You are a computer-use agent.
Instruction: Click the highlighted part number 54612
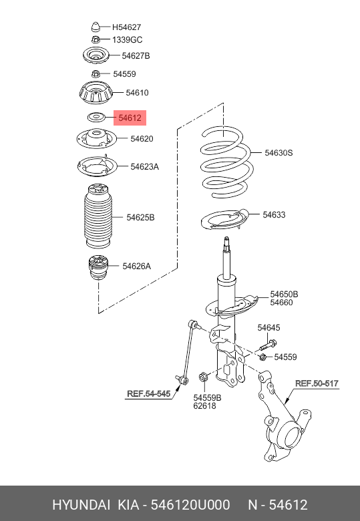click(x=130, y=118)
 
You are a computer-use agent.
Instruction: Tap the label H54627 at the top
click(x=126, y=27)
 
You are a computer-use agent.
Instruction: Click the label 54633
click(x=274, y=214)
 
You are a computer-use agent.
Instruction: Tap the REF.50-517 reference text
click(x=317, y=383)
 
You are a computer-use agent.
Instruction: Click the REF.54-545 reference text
click(x=149, y=394)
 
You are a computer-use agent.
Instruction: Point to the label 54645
click(x=269, y=327)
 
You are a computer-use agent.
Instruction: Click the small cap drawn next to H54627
click(x=96, y=27)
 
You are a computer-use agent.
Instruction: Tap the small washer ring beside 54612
click(x=95, y=118)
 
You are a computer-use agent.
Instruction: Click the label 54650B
click(x=284, y=294)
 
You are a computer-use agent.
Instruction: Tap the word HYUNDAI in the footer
click(x=81, y=504)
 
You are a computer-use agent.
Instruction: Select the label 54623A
click(x=144, y=166)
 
